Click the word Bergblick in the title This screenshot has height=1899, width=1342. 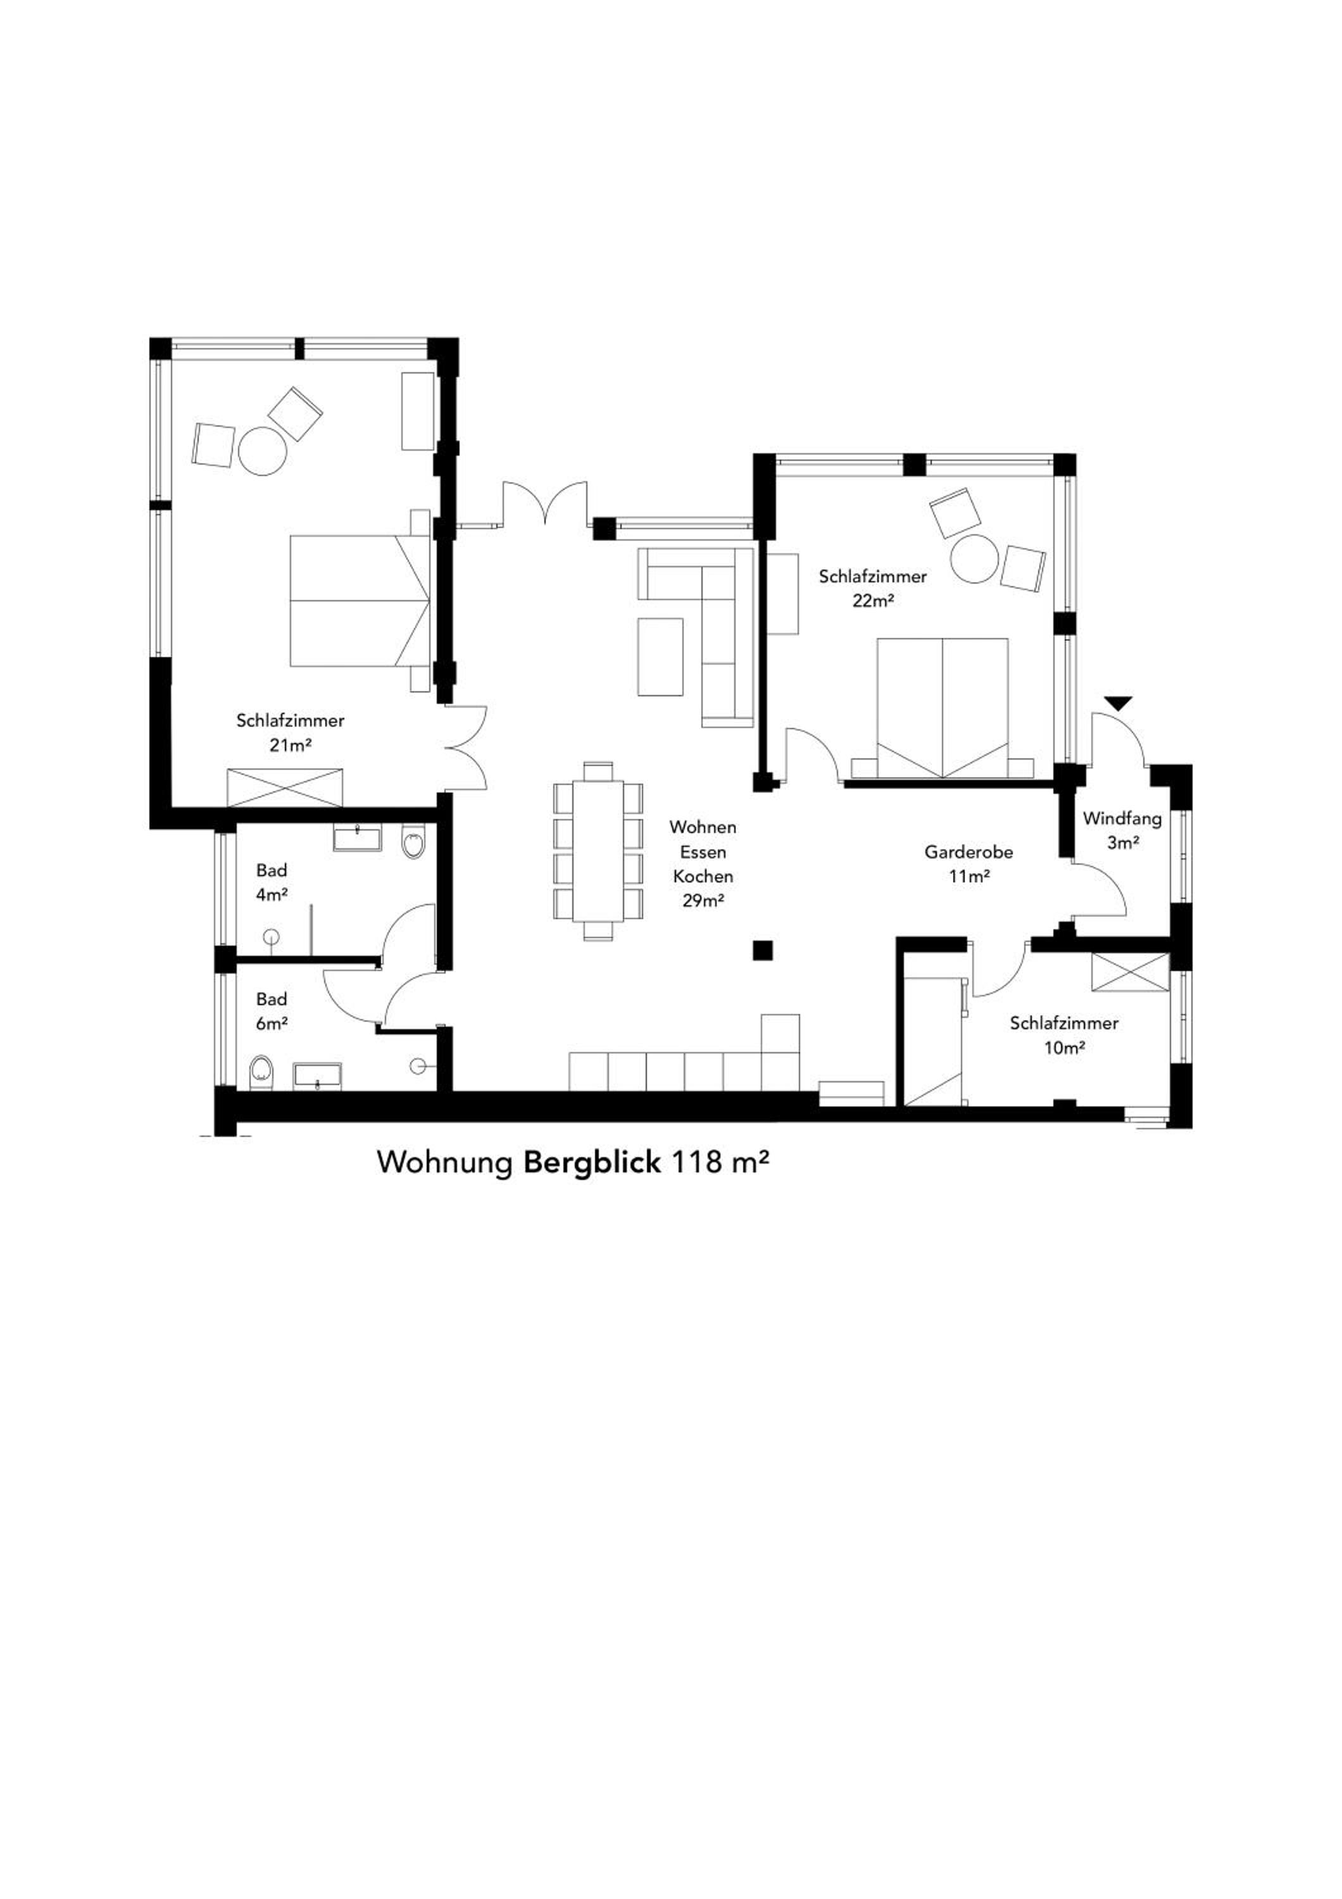592,1162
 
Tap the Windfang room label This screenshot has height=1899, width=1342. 1122,819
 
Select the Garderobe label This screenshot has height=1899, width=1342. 969,851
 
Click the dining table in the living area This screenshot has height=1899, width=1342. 598,852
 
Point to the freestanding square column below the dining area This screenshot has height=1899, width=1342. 762,950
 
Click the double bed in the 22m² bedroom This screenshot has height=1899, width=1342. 942,707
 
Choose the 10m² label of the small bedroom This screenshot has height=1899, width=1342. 1063,1048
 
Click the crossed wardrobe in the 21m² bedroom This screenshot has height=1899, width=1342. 284,787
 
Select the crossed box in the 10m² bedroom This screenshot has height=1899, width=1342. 1131,972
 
